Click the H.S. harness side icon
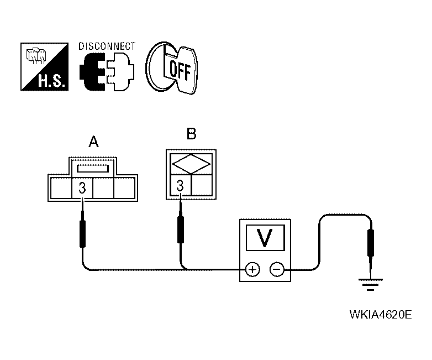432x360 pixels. click(x=45, y=67)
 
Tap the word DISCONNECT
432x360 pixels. click(x=107, y=46)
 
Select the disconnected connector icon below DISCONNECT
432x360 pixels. click(x=107, y=72)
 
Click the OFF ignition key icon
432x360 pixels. click(x=173, y=68)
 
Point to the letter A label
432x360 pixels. click(x=93, y=143)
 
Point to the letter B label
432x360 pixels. click(x=191, y=134)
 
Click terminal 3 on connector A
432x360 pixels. click(x=82, y=188)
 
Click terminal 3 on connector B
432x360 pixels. click(x=180, y=186)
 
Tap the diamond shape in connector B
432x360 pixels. click(x=191, y=165)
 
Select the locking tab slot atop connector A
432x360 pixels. click(x=93, y=167)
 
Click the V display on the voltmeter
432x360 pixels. click(x=265, y=237)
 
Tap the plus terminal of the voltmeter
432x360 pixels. click(x=252, y=270)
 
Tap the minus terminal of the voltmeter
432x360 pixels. click(x=277, y=270)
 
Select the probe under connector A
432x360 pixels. click(x=83, y=234)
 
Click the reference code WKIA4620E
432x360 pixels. click(x=380, y=316)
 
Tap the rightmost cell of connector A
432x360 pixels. click(x=124, y=188)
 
